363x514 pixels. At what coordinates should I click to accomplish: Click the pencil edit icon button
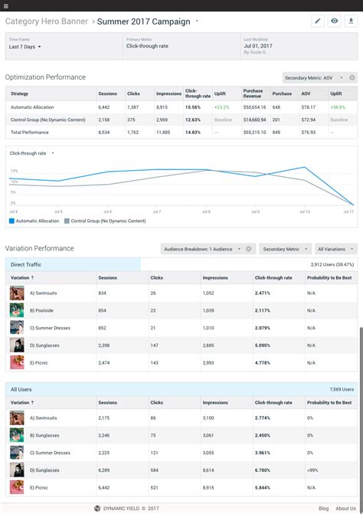tap(318, 21)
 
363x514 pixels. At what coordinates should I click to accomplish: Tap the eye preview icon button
tap(335, 21)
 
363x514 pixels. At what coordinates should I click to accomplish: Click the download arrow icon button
tap(351, 21)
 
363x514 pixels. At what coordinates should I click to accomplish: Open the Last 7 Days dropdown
tap(25, 47)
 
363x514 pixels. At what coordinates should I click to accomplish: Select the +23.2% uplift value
tap(222, 107)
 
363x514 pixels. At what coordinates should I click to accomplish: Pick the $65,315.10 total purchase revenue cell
tap(255, 133)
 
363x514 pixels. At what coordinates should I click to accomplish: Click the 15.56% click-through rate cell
tap(193, 107)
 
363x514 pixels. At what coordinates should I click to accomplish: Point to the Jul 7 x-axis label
tap(156, 211)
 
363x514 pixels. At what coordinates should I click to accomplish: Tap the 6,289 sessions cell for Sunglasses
tap(106, 470)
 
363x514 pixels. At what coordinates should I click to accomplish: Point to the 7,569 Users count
tap(342, 389)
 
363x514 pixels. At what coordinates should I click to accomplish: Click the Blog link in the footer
tap(324, 508)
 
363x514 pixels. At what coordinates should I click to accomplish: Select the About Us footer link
tap(345, 508)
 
